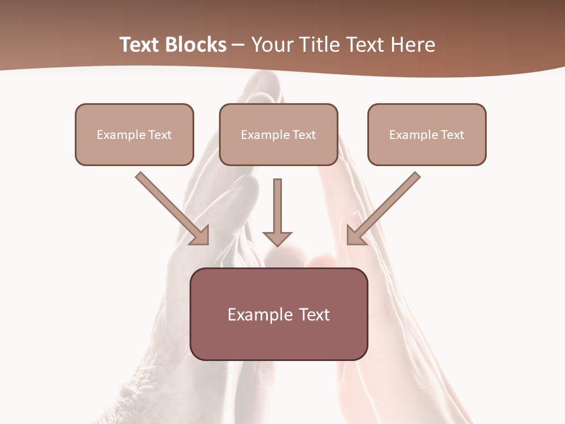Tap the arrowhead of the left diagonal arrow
click(x=200, y=236)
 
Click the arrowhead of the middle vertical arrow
click(x=277, y=238)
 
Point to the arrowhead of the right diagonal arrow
click(x=356, y=236)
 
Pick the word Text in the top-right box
click(x=452, y=135)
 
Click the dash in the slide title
click(x=238, y=45)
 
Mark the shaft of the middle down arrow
click(x=277, y=203)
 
